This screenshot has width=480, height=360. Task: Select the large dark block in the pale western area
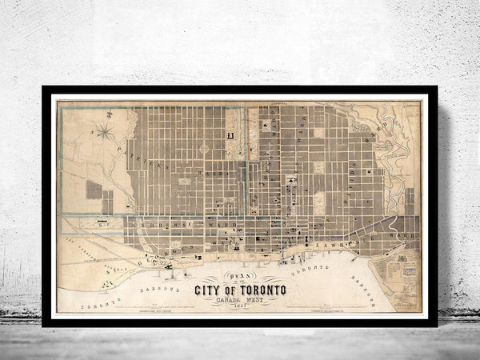(94, 190)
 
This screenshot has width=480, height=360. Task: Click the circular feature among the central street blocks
(203, 148)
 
